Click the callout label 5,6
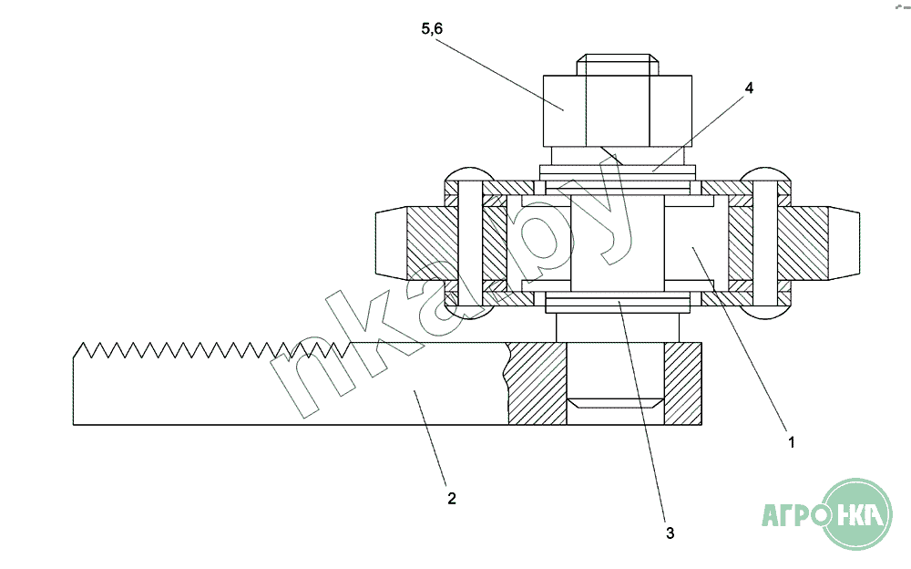click(432, 28)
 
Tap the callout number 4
click(749, 88)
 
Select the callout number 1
click(791, 443)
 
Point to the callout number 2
click(452, 499)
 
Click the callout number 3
click(670, 533)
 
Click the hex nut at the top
click(618, 110)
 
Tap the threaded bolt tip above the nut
click(618, 65)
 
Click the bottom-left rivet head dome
click(469, 313)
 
